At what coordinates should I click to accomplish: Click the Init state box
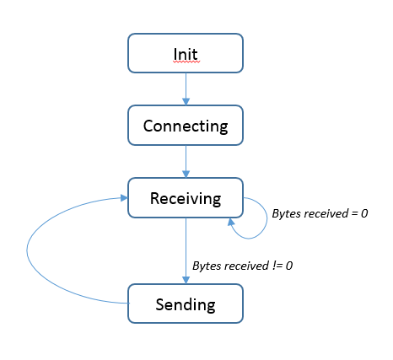point(186,53)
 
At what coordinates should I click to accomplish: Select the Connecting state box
point(186,126)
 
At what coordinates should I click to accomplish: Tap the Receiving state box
point(186,197)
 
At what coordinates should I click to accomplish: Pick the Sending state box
point(186,304)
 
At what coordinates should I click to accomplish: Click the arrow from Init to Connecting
point(186,89)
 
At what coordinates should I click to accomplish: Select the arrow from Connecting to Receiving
point(186,162)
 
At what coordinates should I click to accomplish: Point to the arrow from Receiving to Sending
point(186,250)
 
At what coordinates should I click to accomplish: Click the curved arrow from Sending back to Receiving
point(27,250)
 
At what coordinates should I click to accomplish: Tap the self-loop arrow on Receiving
point(266,218)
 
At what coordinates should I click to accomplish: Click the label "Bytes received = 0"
point(320,213)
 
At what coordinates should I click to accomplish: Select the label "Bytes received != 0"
point(242,266)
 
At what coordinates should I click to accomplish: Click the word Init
point(186,54)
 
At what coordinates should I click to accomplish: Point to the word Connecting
point(186,126)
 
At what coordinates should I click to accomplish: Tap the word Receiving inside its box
point(186,198)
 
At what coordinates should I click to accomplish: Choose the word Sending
point(186,304)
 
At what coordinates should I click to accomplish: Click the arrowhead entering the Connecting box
point(186,102)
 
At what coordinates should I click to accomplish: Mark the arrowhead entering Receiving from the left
point(124,198)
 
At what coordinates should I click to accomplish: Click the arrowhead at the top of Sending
point(186,280)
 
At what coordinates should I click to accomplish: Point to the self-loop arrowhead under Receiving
point(231,222)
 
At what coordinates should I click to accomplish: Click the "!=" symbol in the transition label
point(277,266)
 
